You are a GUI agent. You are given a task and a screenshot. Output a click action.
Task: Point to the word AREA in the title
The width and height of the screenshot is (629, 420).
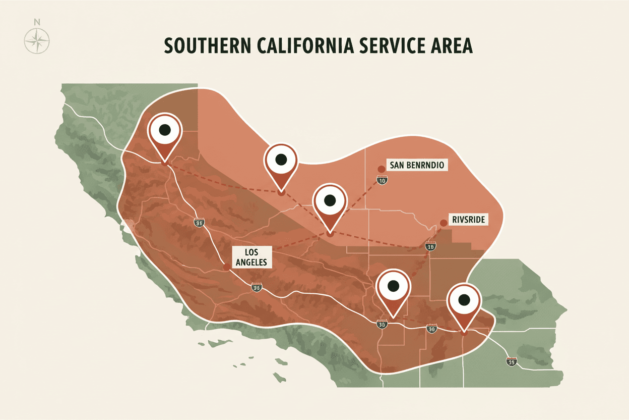tap(452, 45)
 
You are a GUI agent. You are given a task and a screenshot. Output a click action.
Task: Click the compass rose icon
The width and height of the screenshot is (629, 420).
tap(37, 40)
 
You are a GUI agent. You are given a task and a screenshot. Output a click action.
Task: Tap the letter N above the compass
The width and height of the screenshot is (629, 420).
tap(37, 22)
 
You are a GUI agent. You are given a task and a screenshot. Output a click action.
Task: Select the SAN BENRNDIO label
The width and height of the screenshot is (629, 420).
tap(418, 165)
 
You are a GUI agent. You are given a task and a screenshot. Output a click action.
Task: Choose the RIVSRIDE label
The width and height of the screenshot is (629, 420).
tap(469, 219)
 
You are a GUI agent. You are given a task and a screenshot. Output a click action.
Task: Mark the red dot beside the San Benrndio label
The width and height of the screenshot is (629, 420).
tap(381, 169)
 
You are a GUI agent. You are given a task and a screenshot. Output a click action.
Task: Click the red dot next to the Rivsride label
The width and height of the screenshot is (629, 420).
tap(444, 223)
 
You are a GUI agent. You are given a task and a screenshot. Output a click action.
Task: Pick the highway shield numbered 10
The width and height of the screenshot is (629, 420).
tap(383, 180)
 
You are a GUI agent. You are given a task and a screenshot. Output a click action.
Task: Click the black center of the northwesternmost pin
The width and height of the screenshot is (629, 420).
tap(164, 130)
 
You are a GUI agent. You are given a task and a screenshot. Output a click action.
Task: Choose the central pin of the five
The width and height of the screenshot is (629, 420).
tap(329, 200)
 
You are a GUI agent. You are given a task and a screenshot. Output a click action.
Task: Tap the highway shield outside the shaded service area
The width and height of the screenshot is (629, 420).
tap(511, 361)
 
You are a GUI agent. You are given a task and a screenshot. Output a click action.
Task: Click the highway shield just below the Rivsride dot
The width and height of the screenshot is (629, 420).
tap(430, 246)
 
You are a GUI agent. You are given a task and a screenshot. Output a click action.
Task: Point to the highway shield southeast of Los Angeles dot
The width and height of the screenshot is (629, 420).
tap(257, 288)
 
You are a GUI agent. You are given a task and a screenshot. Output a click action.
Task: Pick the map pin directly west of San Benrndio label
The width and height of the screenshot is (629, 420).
tap(281, 161)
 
